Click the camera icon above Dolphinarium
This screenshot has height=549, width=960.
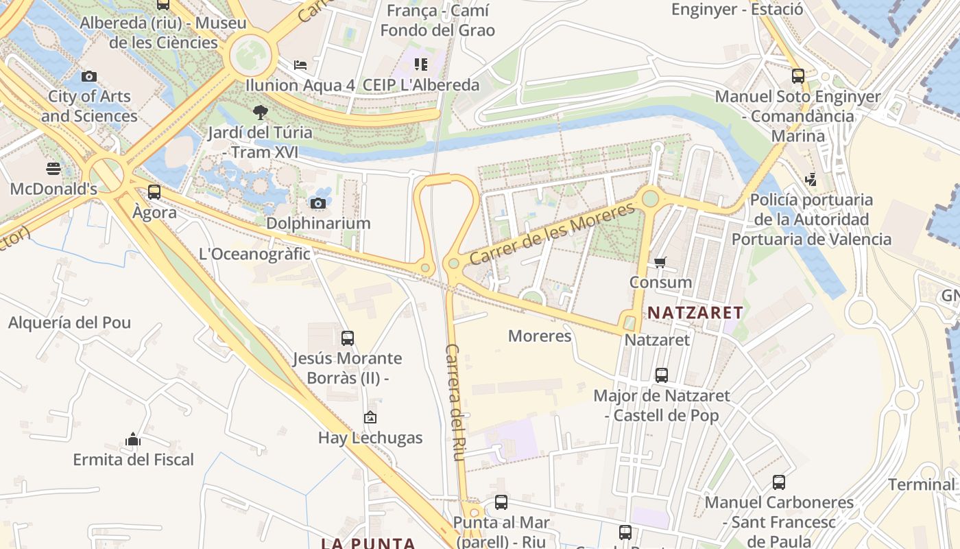(317, 203)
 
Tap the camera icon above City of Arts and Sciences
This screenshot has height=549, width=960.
(88, 76)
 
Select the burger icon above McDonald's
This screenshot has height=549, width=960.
(53, 168)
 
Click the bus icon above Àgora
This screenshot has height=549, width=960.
(154, 192)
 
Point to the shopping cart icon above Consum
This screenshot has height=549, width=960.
(660, 262)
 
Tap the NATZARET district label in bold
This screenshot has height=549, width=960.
(695, 313)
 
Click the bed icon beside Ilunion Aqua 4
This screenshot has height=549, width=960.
(300, 65)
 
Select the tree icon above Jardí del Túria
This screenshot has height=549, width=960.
(260, 112)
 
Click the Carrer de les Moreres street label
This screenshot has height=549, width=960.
(552, 234)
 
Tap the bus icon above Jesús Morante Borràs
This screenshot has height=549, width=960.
(348, 338)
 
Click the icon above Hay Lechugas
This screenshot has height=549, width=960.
(370, 417)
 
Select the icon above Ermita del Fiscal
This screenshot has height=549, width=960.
(133, 439)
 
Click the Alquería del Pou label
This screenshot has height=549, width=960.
(69, 323)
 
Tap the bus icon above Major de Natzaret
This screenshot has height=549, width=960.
(662, 375)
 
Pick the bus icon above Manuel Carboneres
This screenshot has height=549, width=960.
(779, 482)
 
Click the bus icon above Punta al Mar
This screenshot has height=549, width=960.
(501, 502)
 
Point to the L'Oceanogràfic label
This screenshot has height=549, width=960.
(254, 254)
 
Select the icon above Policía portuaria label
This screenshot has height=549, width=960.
(811, 180)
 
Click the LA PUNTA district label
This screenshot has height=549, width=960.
(368, 544)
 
